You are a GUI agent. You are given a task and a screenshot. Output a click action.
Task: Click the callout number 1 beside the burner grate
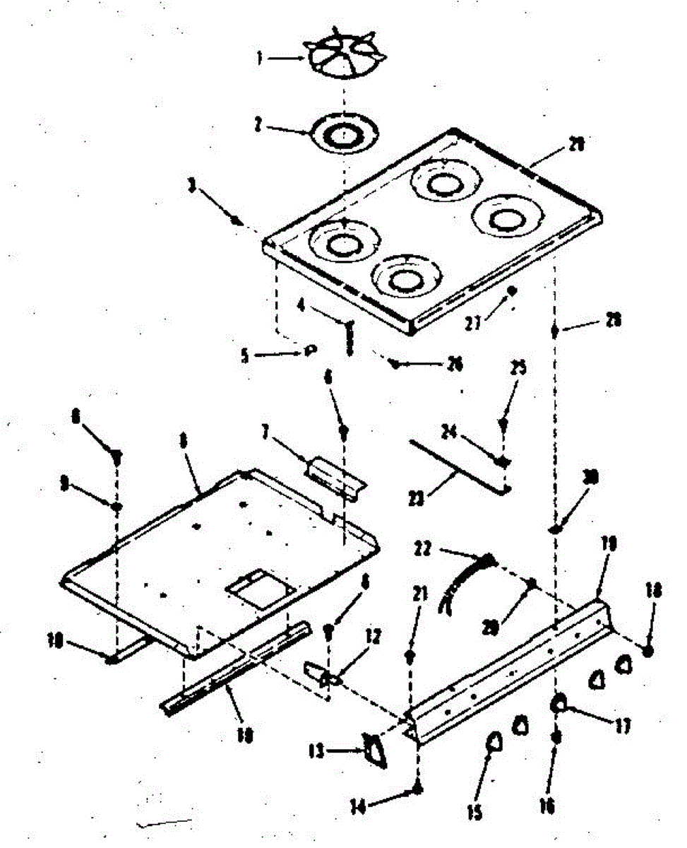coord(260,60)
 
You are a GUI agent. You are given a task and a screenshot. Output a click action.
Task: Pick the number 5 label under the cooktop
coord(244,356)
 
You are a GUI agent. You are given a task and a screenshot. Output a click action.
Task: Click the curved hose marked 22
coord(462,579)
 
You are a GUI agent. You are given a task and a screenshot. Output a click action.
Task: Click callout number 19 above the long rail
coord(609,543)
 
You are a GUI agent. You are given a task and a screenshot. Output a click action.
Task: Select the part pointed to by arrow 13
coord(374,751)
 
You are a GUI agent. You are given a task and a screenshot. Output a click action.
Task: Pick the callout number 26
coord(454,364)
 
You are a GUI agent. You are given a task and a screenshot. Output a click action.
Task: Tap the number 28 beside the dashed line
coord(614,320)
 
